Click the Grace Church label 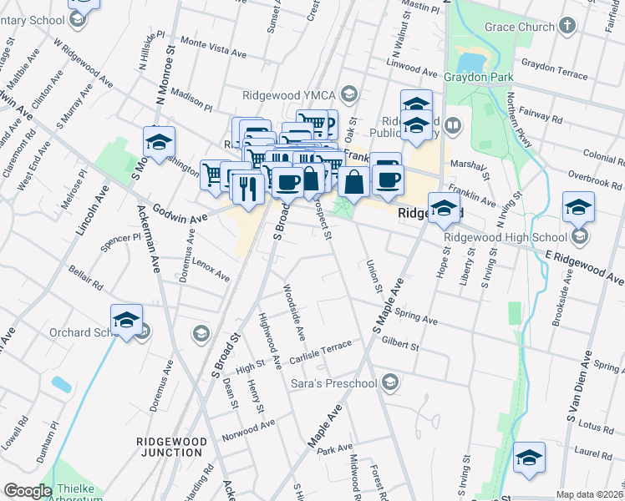(x=520, y=27)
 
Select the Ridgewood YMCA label (x=292, y=94)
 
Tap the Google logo (x=28, y=491)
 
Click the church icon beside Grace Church (x=567, y=25)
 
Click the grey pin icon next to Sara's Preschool (x=389, y=383)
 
